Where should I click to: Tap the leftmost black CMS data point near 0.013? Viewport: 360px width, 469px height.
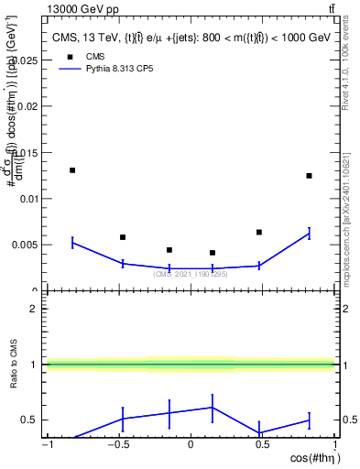pyautogui.click(x=72, y=170)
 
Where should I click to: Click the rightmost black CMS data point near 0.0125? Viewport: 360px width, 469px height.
pyautogui.click(x=309, y=176)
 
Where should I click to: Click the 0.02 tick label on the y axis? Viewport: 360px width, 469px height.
pyautogui.click(x=28, y=106)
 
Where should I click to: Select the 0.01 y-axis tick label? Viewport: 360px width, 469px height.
pyautogui.click(x=28, y=199)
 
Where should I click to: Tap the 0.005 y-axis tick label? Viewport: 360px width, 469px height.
pyautogui.click(x=26, y=245)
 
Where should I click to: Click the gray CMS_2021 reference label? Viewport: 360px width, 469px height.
pyautogui.click(x=191, y=274)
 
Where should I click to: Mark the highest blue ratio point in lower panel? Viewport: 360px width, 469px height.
pyautogui.click(x=213, y=408)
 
